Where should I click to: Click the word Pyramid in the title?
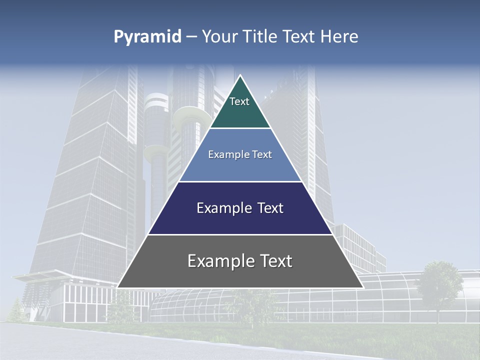click(147, 37)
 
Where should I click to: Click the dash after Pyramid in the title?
click(191, 37)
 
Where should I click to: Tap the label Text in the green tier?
click(239, 101)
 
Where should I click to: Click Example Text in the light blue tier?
click(240, 154)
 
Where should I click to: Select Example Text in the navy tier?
click(240, 208)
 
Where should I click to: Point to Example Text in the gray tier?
click(240, 261)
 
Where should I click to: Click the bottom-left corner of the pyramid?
click(118, 287)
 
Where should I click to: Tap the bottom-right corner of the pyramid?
click(362, 287)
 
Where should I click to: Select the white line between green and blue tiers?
click(240, 128)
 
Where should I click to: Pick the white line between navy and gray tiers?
click(240, 234)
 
